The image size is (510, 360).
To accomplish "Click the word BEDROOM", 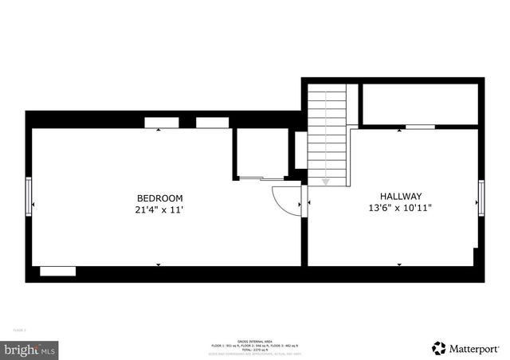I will point(159,198).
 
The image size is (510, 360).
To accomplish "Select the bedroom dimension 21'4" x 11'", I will point(159,210).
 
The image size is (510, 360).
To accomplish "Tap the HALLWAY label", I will point(400,196).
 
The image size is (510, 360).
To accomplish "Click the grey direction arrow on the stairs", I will point(325,182).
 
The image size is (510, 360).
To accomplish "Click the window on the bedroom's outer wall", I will point(29,196).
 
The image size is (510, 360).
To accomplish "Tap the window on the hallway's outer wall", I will point(481,198).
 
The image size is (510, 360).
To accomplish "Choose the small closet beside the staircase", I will point(260,153).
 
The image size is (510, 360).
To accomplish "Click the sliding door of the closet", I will point(261,178).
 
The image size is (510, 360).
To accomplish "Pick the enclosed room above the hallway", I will point(419,102).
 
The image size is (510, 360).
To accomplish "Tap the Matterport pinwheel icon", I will point(438,348).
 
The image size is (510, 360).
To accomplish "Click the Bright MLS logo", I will point(30,349).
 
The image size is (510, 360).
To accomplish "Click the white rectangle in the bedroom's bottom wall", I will point(58,272).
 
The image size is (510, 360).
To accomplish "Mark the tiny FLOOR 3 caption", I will point(18,329).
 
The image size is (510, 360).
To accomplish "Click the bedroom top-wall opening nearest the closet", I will point(212,123).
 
